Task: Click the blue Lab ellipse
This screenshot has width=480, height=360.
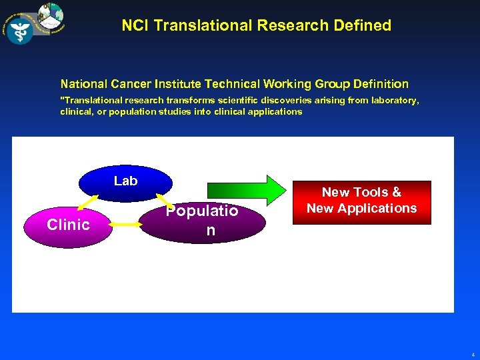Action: pyautogui.click(x=125, y=181)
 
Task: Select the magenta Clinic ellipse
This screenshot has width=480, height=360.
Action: pyautogui.click(x=69, y=225)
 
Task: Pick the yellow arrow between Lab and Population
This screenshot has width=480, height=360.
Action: pyautogui.click(x=163, y=199)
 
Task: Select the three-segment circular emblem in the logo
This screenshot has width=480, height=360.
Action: pyautogui.click(x=51, y=15)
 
